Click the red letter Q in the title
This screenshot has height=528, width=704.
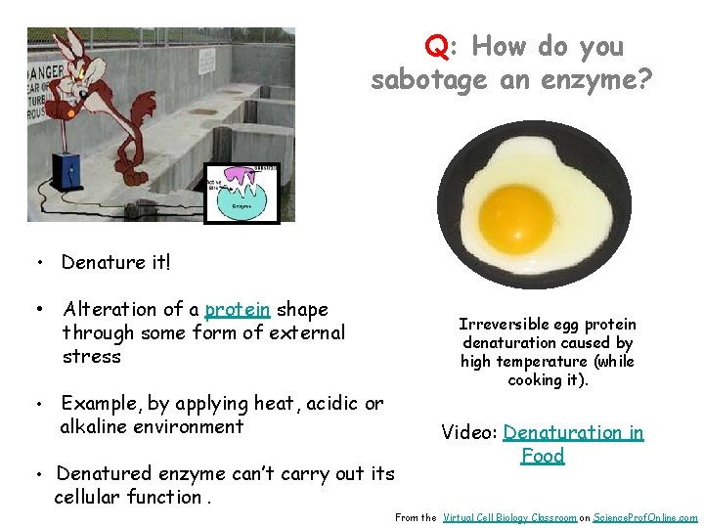[436, 46]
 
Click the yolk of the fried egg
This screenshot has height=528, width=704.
[516, 215]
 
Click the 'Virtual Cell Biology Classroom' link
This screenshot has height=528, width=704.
[508, 517]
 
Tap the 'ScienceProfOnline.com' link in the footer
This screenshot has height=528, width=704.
[645, 517]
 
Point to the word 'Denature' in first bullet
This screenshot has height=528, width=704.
[102, 262]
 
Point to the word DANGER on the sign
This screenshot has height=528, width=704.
[49, 72]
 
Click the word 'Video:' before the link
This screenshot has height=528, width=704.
[469, 432]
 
